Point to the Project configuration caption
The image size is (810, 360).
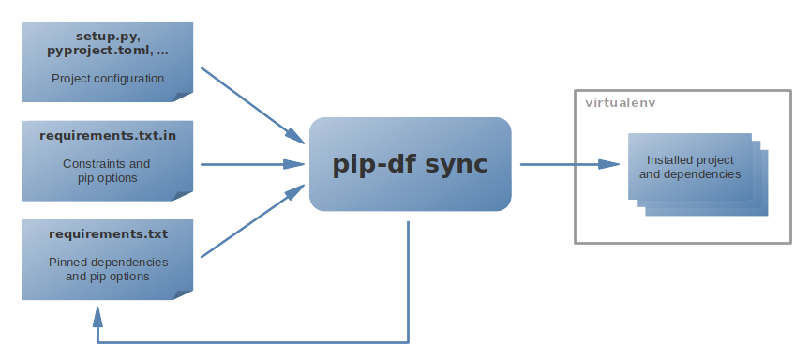tap(108, 79)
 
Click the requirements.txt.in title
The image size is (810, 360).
tap(108, 136)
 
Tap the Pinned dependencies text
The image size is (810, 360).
tap(108, 262)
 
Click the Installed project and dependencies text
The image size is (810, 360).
tap(690, 167)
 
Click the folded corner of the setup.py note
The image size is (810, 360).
tap(186, 93)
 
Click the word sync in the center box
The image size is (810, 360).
tap(457, 164)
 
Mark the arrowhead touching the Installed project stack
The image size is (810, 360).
tap(618, 164)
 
